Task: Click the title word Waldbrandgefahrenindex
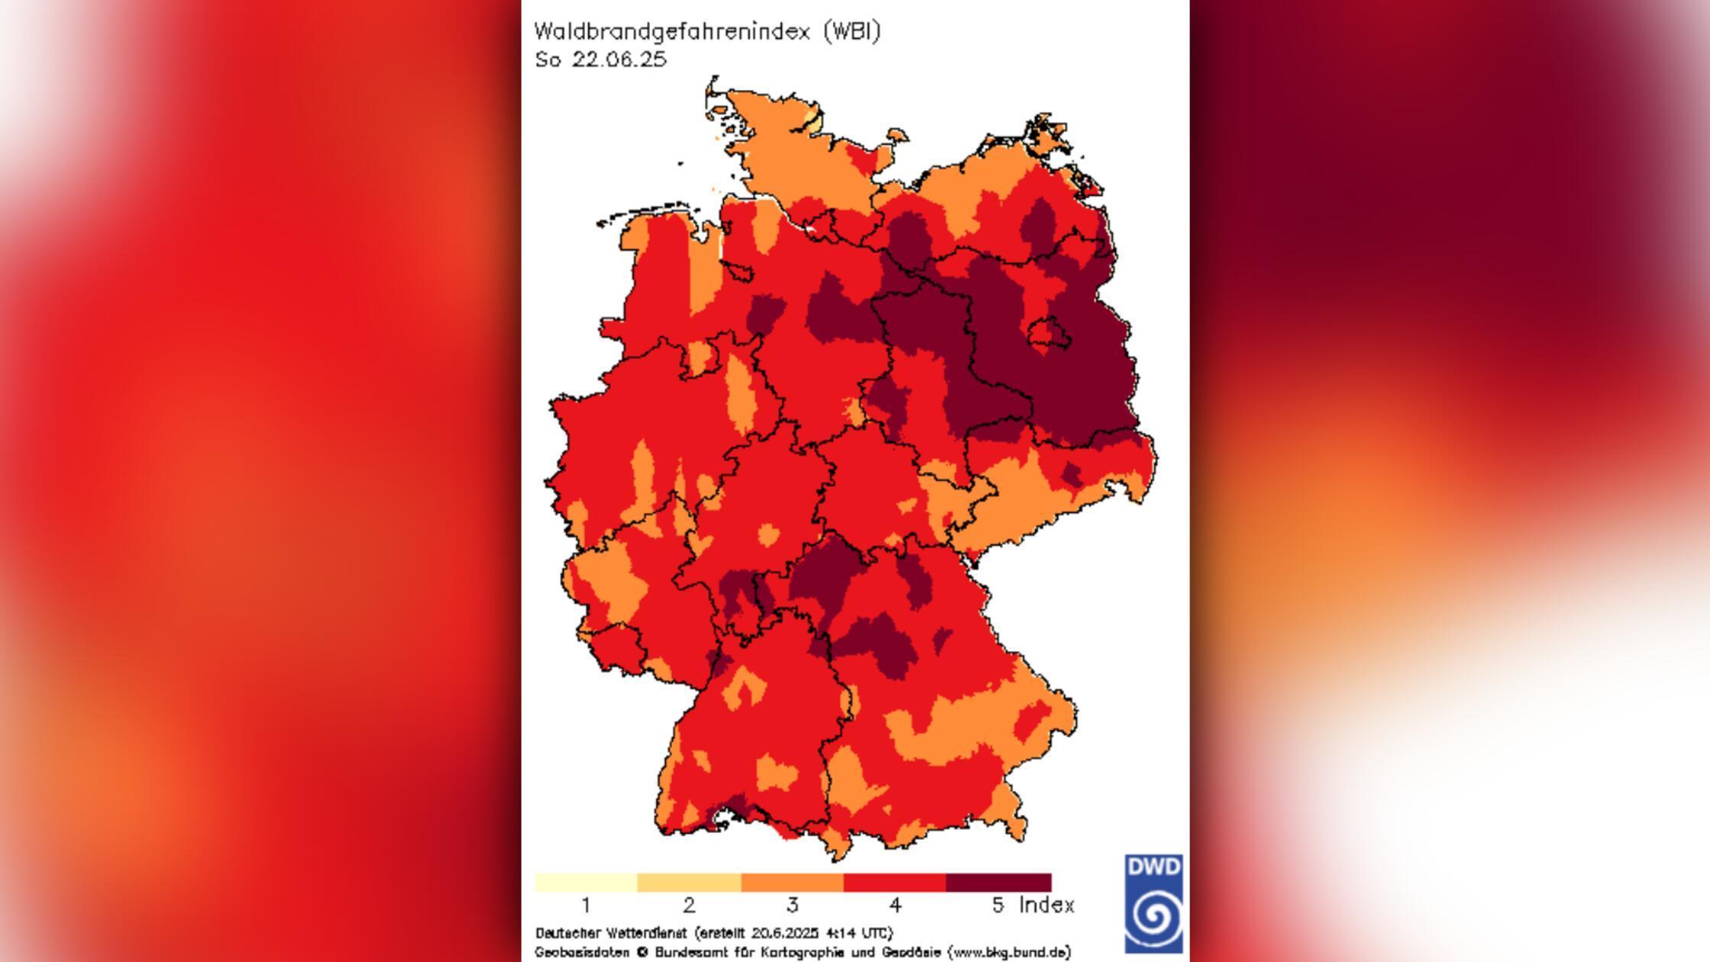pos(671,32)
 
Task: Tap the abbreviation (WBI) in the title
pos(852,32)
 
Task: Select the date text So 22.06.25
pos(601,60)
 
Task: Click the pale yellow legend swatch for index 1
pos(586,883)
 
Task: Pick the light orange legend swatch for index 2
pos(689,883)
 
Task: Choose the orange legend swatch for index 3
pos(792,883)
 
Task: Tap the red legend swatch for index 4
pos(894,883)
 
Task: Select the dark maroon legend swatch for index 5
pos(998,883)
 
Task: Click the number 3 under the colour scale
pos(792,906)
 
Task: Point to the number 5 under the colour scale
pos(997,906)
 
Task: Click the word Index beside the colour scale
pos(1046,906)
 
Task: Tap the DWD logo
pos(1153,904)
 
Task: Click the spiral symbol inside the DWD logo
pos(1154,915)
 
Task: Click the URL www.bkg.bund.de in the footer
pos(1009,952)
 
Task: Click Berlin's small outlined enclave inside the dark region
pos(1043,334)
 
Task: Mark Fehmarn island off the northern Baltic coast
pos(897,136)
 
